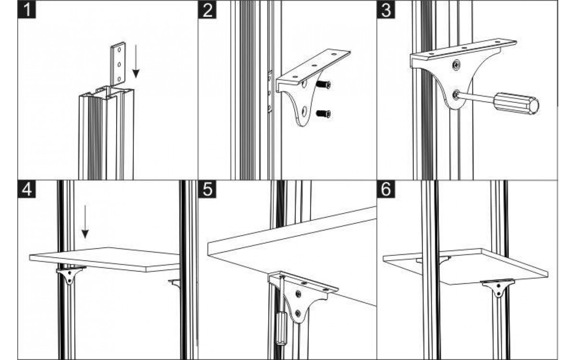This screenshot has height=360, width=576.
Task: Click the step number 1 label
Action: (27, 10)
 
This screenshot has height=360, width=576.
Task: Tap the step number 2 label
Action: (207, 10)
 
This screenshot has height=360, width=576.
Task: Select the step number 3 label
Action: (386, 10)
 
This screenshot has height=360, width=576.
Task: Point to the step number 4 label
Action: (27, 189)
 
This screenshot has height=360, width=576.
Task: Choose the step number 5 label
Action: (207, 189)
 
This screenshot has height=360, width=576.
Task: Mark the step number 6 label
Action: (386, 189)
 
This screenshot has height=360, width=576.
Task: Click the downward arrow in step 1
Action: (136, 61)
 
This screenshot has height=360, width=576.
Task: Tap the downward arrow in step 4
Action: (85, 222)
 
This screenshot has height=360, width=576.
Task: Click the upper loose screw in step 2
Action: (323, 84)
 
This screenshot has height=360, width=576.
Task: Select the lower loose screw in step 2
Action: (323, 114)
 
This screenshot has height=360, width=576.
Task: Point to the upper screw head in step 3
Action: (456, 64)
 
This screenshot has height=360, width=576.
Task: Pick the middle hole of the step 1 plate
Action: (119, 64)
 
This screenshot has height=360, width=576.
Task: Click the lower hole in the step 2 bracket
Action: (304, 110)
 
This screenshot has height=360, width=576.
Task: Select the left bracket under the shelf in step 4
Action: (70, 275)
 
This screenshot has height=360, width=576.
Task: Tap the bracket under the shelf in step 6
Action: (498, 287)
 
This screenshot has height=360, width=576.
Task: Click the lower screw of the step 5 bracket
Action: (298, 313)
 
